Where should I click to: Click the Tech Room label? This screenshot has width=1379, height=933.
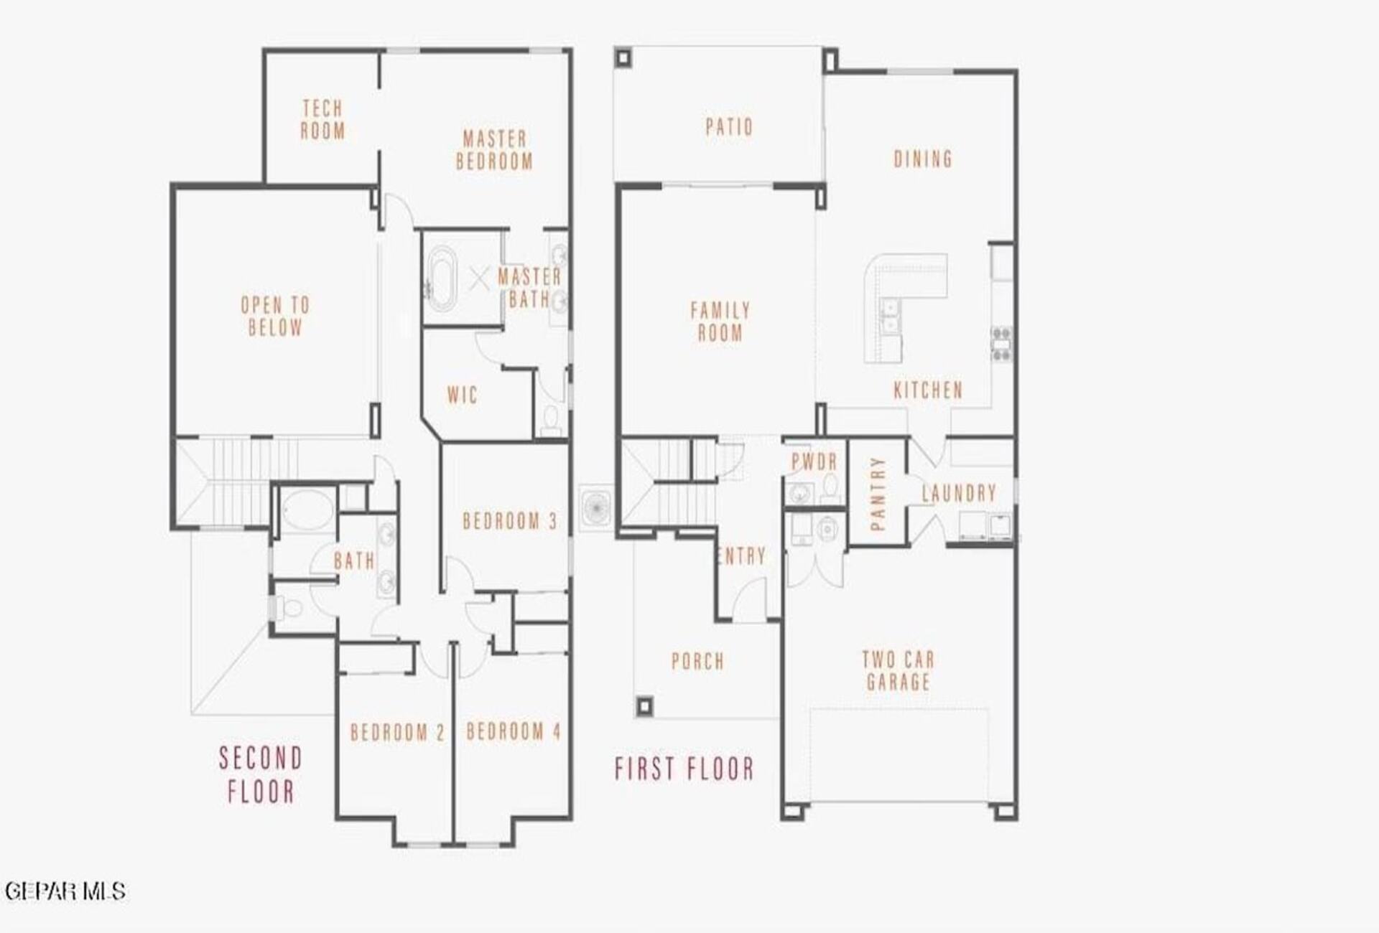(322, 120)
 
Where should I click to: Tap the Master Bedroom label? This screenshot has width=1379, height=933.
(495, 150)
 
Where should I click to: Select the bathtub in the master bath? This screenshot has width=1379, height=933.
(441, 279)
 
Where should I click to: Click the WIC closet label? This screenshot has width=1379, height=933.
(462, 395)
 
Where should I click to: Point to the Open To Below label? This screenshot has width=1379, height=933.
(275, 317)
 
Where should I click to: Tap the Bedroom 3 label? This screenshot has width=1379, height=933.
(510, 521)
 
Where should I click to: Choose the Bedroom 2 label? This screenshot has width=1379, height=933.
(398, 733)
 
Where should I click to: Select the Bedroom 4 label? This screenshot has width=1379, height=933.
(514, 732)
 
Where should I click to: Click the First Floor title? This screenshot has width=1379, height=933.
(684, 769)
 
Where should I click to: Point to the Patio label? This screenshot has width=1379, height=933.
(729, 127)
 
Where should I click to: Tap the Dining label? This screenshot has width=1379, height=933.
(923, 159)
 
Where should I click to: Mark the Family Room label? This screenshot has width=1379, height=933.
(720, 322)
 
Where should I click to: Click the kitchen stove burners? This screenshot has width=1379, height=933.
(1002, 344)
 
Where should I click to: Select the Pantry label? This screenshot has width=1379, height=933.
(877, 494)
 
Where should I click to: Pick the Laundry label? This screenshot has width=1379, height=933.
(960, 493)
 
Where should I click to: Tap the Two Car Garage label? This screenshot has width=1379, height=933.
(899, 670)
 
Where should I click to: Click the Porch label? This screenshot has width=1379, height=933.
(697, 661)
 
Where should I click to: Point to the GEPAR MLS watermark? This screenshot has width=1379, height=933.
(65, 891)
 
